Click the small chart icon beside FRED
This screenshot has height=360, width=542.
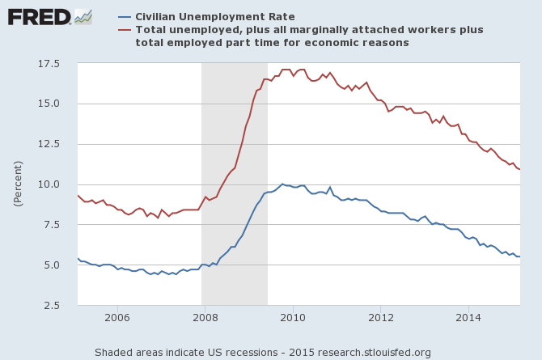(x=83, y=16)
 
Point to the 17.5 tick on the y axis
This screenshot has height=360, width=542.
(x=51, y=63)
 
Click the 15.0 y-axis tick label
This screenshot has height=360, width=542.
(x=51, y=104)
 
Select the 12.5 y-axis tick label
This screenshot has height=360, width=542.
(x=51, y=144)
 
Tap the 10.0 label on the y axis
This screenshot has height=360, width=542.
(x=51, y=184)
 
